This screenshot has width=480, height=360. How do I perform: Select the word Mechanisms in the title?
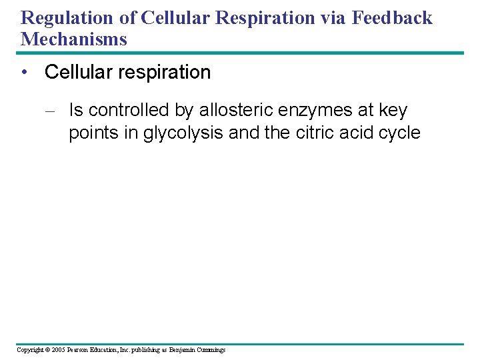click(x=73, y=39)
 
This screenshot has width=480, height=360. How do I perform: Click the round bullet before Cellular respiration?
click(x=25, y=73)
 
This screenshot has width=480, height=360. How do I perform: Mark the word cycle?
click(x=398, y=133)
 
